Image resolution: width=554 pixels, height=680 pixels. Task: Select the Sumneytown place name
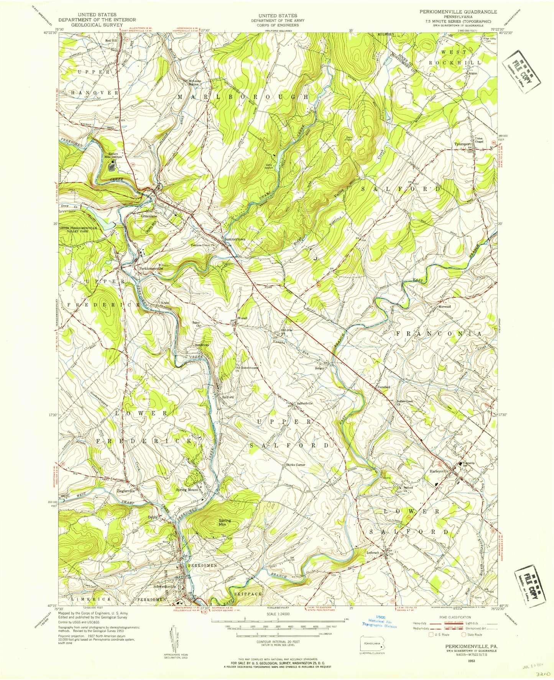click(235, 239)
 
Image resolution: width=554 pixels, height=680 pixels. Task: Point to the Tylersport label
click(462, 144)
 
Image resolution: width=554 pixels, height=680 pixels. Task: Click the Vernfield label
click(383, 387)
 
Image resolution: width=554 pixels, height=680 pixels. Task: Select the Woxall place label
click(242, 319)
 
